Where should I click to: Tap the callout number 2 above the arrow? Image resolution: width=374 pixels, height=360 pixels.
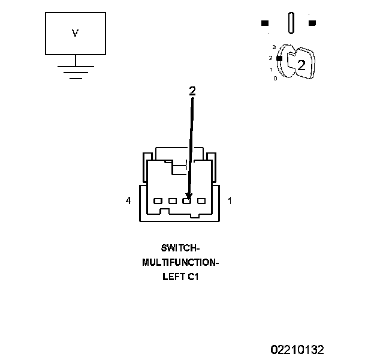pos(192,91)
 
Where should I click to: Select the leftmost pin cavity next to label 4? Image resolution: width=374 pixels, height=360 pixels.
pos(158,201)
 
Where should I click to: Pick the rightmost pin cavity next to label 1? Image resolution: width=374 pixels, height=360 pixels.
pos(201,201)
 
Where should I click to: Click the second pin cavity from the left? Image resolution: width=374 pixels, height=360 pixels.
pos(172,201)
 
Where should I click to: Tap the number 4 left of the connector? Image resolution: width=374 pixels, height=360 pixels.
pos(128,201)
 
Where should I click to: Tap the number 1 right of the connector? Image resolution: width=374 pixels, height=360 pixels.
pos(230,201)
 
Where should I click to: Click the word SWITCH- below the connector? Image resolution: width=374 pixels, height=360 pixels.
pos(180,248)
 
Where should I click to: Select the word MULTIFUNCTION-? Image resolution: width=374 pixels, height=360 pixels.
pos(180,263)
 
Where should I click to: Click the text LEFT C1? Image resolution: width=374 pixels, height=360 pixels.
pos(180,278)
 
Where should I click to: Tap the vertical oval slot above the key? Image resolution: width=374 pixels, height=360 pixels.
pos(291,23)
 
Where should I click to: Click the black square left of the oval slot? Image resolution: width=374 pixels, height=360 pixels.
pos(265,23)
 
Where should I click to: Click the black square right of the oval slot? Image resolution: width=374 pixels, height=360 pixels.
pos(312,23)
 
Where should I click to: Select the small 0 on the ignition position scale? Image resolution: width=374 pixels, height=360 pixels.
pos(275,79)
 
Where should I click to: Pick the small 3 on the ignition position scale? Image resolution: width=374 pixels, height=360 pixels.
pos(273,47)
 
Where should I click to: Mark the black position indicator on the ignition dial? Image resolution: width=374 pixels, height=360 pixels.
pos(279,58)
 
